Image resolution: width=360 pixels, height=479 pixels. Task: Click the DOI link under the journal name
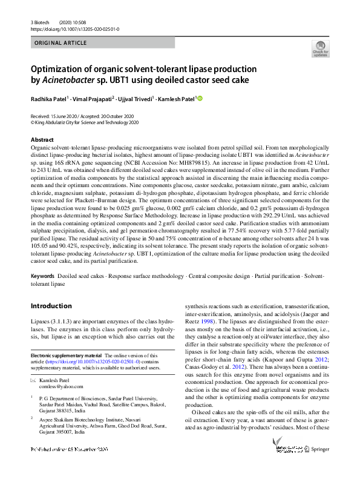[x=74, y=29]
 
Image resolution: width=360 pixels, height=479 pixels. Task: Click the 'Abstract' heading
[x=42, y=139]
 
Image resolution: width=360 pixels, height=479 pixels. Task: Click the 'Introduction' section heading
[x=51, y=306]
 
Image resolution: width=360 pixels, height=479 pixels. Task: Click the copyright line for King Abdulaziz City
[x=85, y=122]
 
